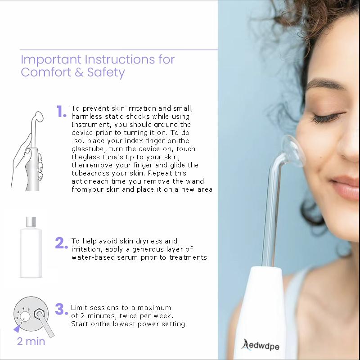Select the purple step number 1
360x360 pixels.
click(x=61, y=112)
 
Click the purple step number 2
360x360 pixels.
click(x=61, y=243)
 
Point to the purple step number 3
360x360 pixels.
click(x=61, y=309)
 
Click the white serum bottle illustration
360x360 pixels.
click(x=31, y=250)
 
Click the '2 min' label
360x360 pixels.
click(x=31, y=341)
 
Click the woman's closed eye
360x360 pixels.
click(x=325, y=118)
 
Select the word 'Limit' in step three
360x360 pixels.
click(x=79, y=308)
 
